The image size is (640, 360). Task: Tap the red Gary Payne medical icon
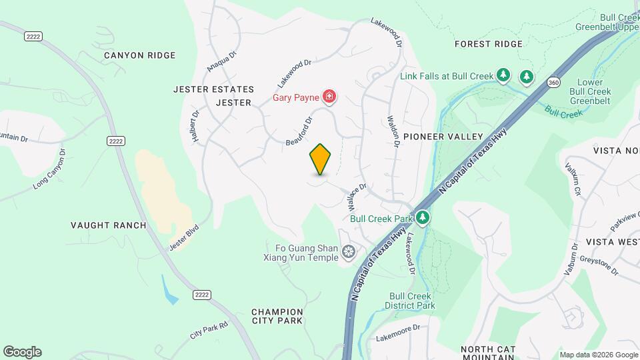point(329,97)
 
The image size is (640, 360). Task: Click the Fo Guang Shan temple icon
point(347,251)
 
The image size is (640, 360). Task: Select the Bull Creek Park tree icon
point(422,218)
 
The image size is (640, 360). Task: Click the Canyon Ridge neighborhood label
point(140,55)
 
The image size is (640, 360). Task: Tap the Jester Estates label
point(213,89)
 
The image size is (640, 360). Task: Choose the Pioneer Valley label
point(443,136)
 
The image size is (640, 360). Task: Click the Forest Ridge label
point(489,44)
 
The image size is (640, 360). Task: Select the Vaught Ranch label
point(109,225)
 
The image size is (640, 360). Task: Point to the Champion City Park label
point(277,316)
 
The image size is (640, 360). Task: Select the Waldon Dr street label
point(393,127)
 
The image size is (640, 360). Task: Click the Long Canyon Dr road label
point(50,170)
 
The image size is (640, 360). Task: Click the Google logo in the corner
point(22,352)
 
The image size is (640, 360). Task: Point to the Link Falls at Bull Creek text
point(447,76)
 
